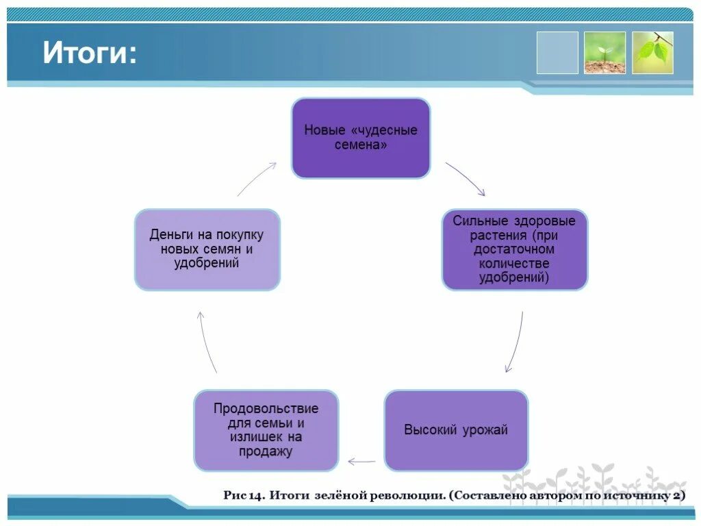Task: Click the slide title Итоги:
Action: (90, 53)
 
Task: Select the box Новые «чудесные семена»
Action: (361, 138)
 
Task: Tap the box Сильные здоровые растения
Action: (514, 249)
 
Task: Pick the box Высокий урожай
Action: (456, 430)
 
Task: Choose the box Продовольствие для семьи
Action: (266, 430)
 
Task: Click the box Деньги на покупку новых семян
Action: (207, 249)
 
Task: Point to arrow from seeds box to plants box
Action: (466, 178)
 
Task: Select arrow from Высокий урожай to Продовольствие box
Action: (361, 462)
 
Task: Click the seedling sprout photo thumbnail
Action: (604, 53)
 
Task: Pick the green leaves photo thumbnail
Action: (652, 53)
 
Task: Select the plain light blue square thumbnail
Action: (557, 53)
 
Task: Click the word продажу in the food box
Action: (266, 451)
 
